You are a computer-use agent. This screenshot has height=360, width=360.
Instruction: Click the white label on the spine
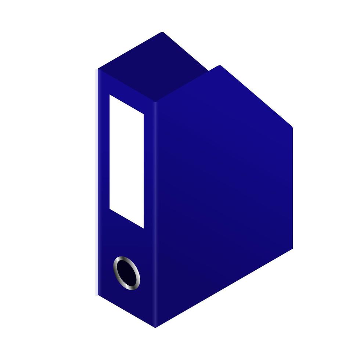126,162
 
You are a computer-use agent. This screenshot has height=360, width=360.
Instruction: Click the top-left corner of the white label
109,95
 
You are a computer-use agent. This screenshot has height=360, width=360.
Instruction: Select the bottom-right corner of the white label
144,228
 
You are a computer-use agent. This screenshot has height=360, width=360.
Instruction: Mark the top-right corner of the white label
144,113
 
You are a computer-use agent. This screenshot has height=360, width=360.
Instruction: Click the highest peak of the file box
161,33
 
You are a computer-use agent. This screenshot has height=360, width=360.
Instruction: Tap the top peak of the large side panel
219,66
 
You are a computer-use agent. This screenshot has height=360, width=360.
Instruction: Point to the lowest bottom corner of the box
155,327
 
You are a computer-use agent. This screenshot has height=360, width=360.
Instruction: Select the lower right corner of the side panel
292,249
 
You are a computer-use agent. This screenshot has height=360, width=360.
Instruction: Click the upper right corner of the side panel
292,127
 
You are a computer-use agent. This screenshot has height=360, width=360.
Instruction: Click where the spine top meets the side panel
156,102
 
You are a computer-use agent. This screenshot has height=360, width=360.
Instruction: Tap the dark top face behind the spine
154,66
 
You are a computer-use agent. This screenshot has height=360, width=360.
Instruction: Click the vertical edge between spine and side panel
156,213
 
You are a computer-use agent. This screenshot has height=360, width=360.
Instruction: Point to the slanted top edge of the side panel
257,97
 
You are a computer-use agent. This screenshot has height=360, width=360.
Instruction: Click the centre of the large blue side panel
224,195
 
